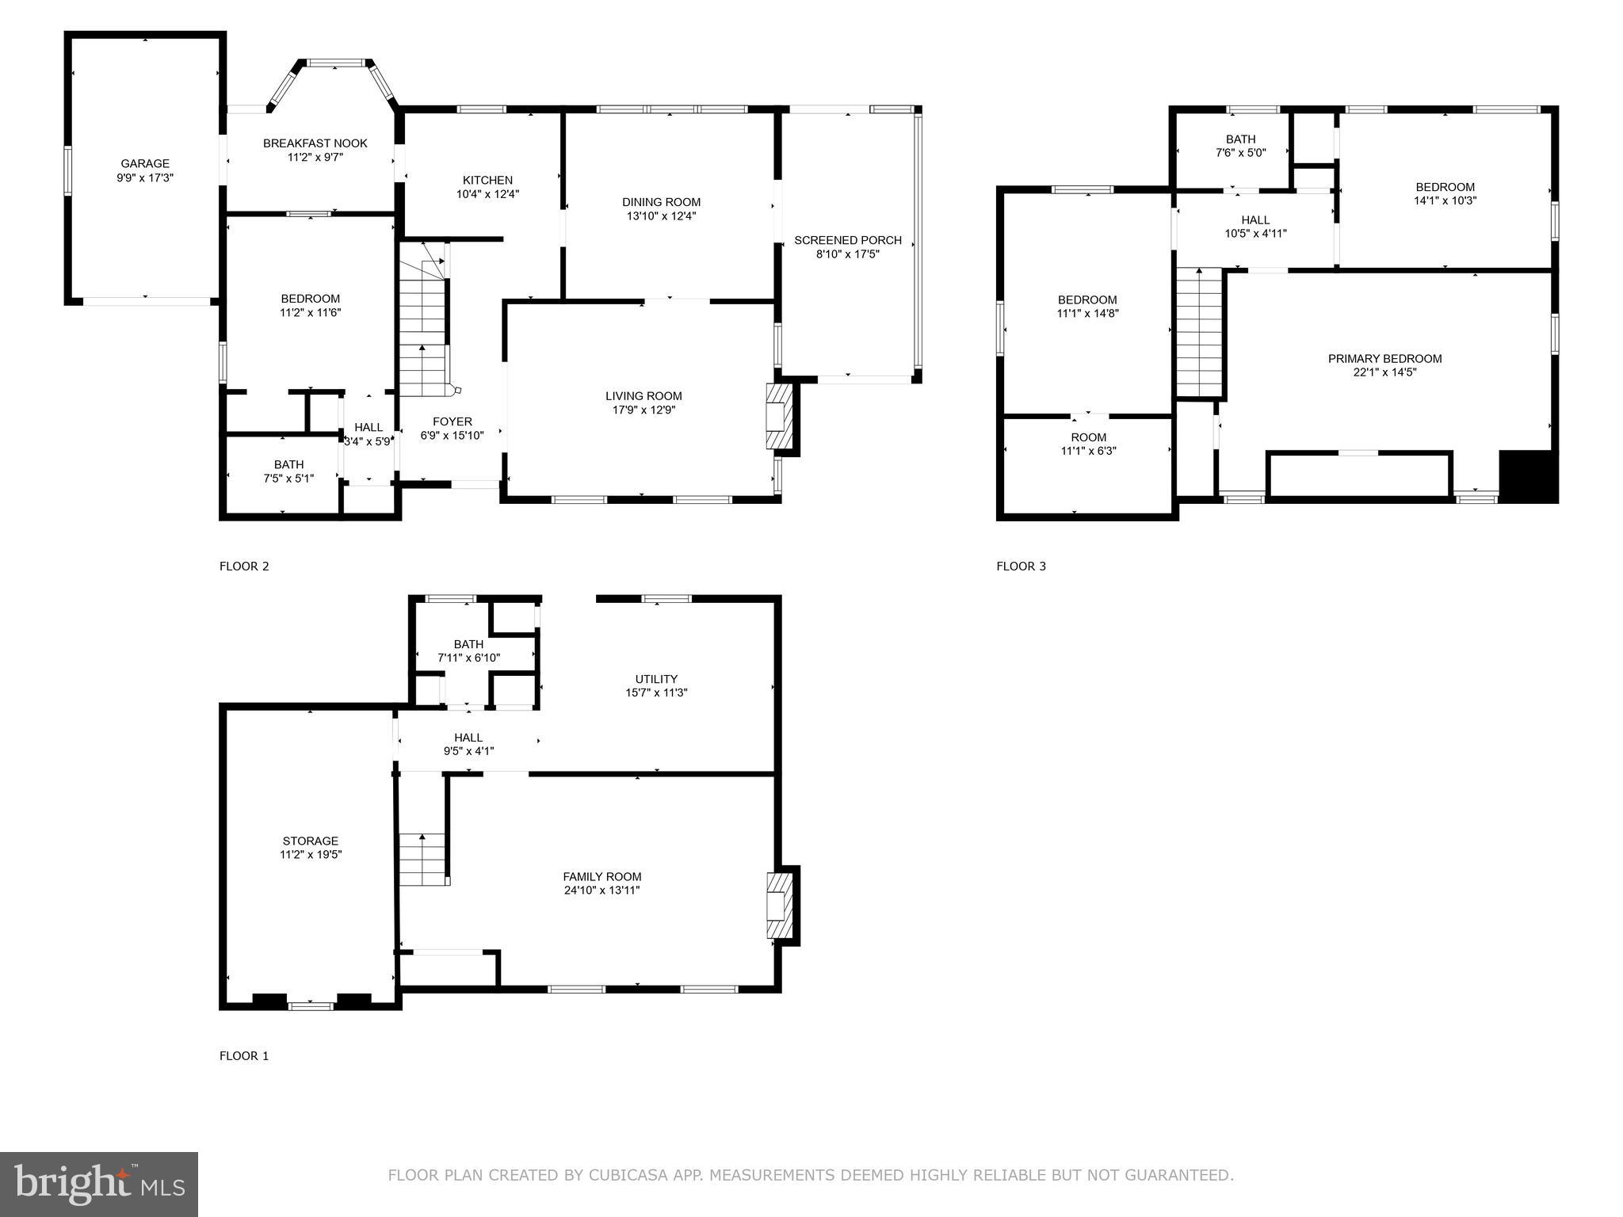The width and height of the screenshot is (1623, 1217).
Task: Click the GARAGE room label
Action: [x=145, y=164]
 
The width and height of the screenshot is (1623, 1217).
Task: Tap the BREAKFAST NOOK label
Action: [x=315, y=143]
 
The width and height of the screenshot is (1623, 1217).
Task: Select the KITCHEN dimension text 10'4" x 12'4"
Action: [x=488, y=193]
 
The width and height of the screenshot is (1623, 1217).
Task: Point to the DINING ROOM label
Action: [x=662, y=202]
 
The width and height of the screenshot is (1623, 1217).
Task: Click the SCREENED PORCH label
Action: [x=848, y=240]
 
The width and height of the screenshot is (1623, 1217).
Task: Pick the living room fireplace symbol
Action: [x=778, y=417]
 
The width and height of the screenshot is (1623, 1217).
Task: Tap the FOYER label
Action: [x=453, y=422]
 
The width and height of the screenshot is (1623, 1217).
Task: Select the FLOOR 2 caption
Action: [x=244, y=566]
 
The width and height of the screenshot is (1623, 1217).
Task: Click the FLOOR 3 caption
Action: [x=1022, y=566]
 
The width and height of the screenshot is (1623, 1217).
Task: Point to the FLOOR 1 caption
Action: [x=244, y=1055]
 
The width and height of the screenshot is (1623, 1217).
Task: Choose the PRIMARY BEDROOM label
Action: [x=1385, y=359]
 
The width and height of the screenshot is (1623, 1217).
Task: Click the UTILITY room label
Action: [x=656, y=679]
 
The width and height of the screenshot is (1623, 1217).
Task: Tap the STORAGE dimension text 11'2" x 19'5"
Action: [x=311, y=854]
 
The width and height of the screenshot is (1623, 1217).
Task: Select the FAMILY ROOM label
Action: [x=602, y=876]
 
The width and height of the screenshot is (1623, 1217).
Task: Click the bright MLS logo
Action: [x=99, y=1185]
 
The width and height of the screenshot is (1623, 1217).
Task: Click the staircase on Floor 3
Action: [x=1200, y=332]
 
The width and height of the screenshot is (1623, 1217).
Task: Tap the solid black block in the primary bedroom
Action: [x=1529, y=475]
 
